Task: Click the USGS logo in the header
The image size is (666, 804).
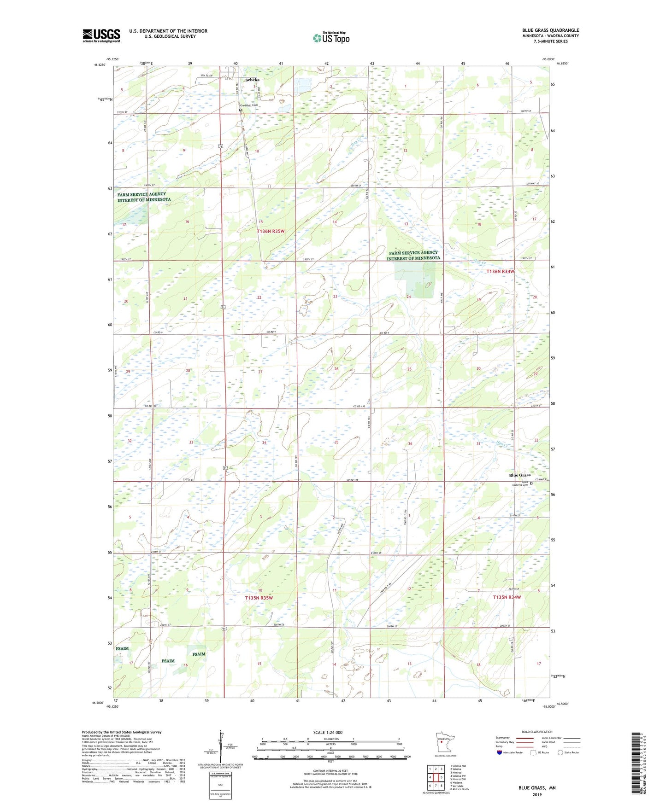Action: point(101,35)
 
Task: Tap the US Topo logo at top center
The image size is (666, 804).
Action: point(331,38)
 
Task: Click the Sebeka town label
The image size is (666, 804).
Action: point(252,80)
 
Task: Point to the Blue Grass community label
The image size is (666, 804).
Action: point(519,475)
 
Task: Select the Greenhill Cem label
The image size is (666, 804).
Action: point(249,105)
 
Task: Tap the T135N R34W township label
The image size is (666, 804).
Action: point(507,597)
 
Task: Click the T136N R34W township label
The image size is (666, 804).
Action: point(500,272)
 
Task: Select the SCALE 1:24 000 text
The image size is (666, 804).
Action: point(328,733)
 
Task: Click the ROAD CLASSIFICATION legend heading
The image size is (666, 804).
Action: point(537,732)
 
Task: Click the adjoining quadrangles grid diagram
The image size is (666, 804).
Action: point(436,779)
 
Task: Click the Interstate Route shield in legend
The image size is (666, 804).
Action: point(500,752)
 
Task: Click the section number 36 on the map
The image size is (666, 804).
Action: point(410,443)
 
